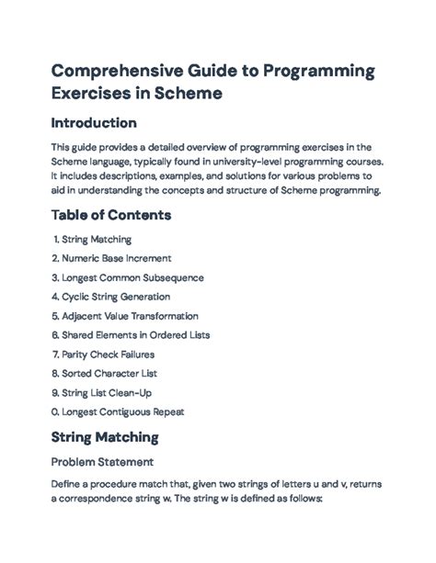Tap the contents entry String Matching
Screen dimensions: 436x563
pyautogui.click(x=98, y=240)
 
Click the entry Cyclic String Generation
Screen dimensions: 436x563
pyautogui.click(x=118, y=297)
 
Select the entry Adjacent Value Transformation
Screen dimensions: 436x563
pyautogui.click(x=137, y=315)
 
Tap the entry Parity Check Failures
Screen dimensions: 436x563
pyautogui.click(x=116, y=354)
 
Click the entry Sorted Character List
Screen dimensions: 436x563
pyautogui.click(x=114, y=372)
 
